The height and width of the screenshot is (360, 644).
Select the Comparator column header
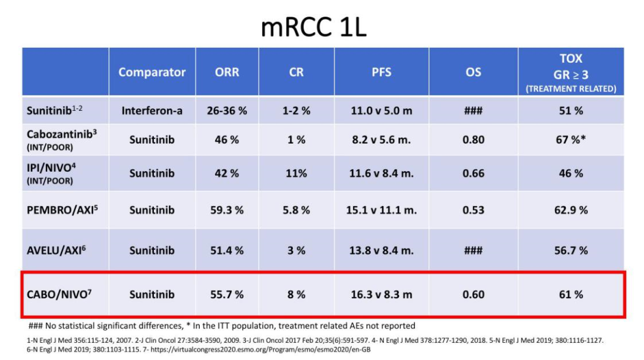click(x=152, y=72)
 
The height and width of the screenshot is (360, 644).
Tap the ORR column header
click(x=227, y=72)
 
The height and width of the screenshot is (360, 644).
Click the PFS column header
click(x=382, y=72)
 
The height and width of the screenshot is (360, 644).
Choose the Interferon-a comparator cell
click(x=152, y=111)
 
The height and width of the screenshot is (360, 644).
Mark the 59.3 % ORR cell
click(x=227, y=210)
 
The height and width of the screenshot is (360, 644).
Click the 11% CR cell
click(x=296, y=173)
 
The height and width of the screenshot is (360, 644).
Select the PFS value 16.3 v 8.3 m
click(x=382, y=294)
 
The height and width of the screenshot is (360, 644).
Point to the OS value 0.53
click(x=473, y=210)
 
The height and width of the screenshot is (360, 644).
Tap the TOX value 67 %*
click(x=571, y=139)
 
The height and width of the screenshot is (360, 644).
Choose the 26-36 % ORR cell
click(x=227, y=111)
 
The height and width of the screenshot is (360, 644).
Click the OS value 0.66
click(x=473, y=173)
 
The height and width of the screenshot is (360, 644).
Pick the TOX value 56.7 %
click(x=571, y=250)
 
